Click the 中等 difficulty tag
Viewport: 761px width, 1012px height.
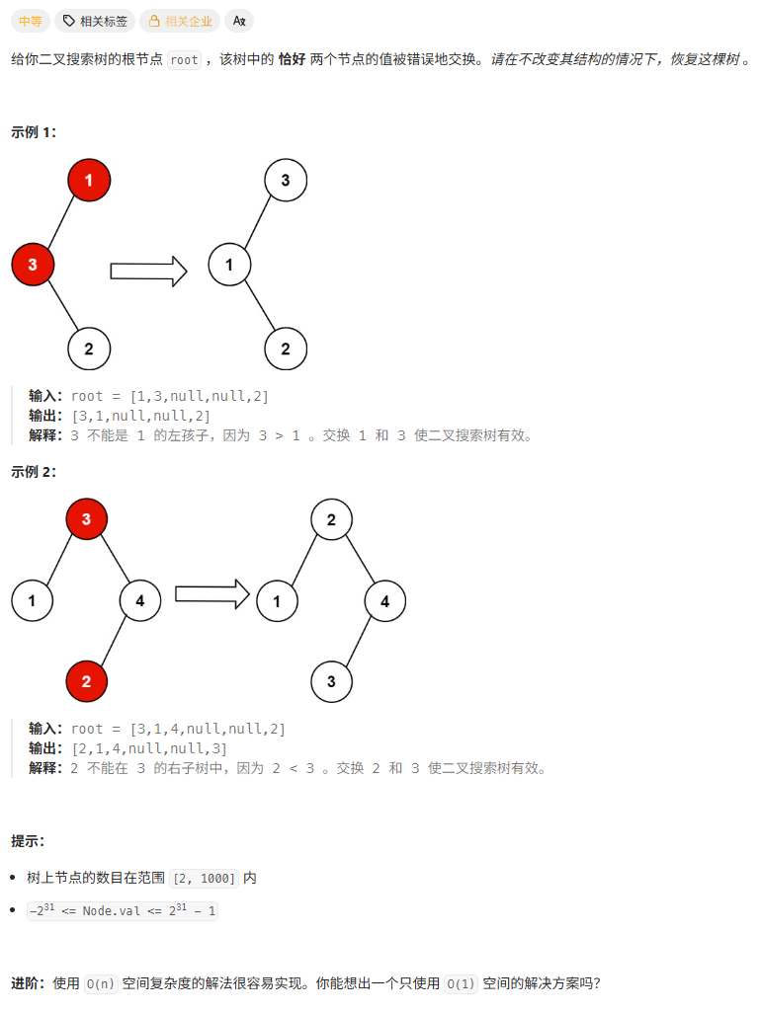tap(31, 21)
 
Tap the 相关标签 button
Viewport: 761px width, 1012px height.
tap(95, 21)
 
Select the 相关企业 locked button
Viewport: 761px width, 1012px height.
tap(180, 21)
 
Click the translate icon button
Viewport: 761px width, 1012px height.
tap(239, 21)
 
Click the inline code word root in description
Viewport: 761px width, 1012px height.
tap(184, 60)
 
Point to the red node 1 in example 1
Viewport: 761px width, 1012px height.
tap(89, 181)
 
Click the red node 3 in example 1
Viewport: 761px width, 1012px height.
tap(33, 265)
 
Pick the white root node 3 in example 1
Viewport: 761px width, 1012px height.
tap(286, 181)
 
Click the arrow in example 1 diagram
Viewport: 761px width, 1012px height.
tap(148, 272)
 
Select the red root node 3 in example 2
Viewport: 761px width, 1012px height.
tap(86, 519)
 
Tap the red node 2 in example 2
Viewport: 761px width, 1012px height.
tap(86, 681)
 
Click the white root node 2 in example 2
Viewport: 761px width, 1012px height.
tap(331, 519)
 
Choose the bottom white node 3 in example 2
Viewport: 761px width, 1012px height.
tap(331, 681)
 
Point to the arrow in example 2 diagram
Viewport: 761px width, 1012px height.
tap(211, 593)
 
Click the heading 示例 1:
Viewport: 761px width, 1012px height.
tap(34, 132)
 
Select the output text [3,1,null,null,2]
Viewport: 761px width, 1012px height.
tap(140, 416)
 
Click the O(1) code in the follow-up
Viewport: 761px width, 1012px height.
tap(460, 983)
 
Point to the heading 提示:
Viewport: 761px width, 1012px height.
tap(28, 841)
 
